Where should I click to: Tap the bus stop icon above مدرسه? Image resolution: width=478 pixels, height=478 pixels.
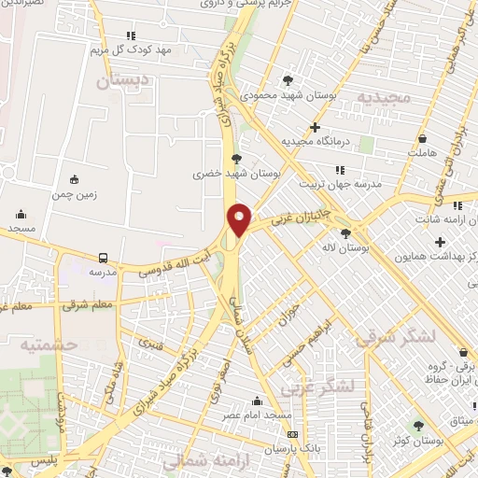[x=102, y=258]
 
